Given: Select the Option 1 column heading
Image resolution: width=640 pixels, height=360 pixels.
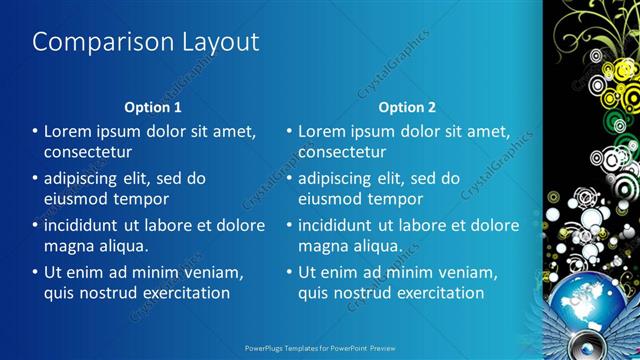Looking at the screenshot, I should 153,107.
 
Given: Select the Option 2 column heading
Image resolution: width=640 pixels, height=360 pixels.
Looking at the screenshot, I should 407,107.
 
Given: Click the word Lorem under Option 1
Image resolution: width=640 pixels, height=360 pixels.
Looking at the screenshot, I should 69,131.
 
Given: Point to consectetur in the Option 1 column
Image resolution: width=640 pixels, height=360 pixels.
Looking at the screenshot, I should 88,152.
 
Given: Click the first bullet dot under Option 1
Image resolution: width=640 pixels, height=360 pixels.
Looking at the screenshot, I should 35,132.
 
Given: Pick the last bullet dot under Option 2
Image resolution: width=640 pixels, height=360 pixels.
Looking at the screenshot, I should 289,273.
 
